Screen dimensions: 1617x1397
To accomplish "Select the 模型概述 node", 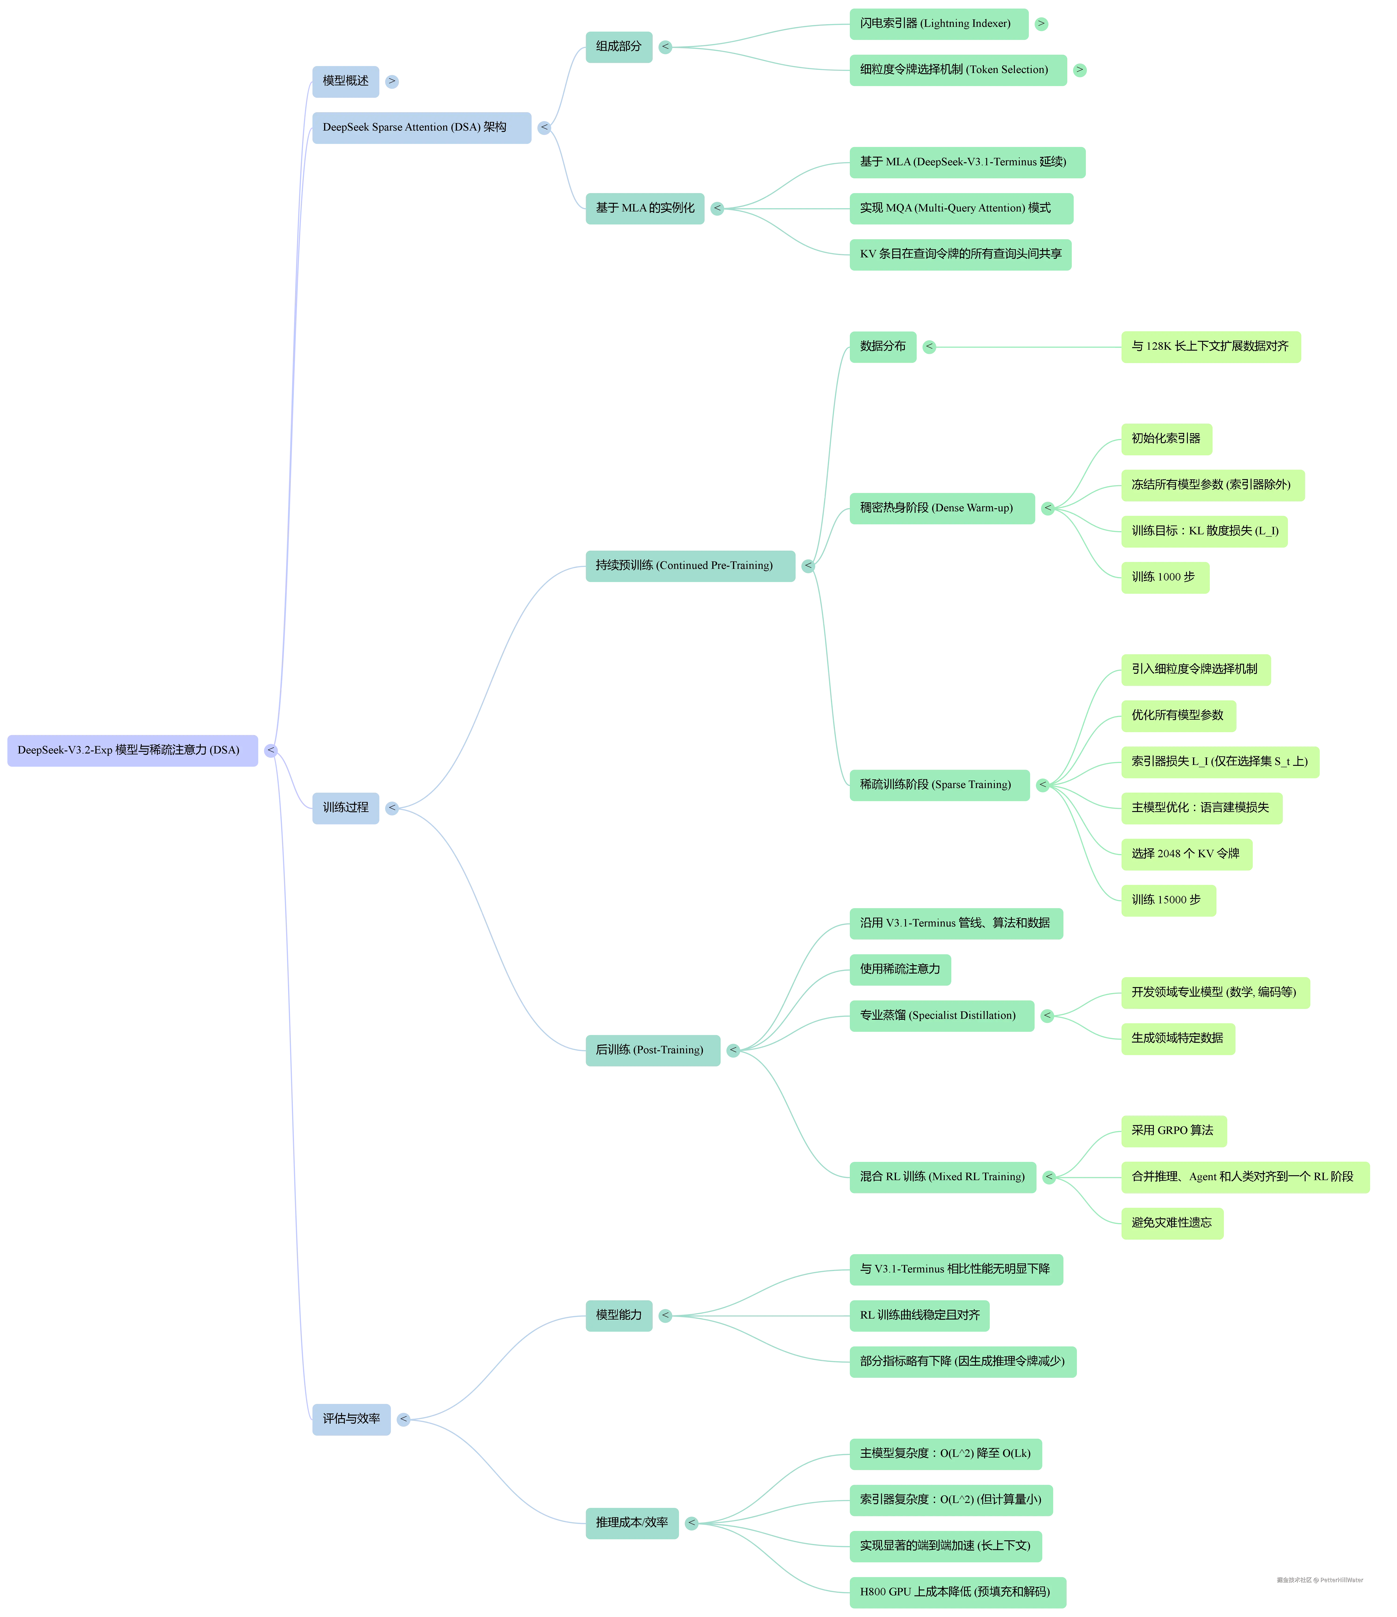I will coord(345,81).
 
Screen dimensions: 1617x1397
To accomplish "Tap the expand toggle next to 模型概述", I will coord(392,81).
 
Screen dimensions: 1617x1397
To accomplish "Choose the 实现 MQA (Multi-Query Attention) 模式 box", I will coord(960,208).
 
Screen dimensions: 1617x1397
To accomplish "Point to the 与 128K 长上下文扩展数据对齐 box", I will coord(1210,346).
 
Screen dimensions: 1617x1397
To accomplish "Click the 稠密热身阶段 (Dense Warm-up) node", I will coord(941,508).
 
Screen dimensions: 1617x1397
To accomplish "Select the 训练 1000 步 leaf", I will coord(1164,577).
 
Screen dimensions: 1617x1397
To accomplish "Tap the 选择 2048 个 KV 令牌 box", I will coord(1186,854).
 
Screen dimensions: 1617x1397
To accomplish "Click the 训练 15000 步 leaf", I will coord(1168,900).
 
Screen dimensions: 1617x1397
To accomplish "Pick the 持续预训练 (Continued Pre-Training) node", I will coord(690,566).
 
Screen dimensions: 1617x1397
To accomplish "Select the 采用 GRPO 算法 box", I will coord(1173,1131).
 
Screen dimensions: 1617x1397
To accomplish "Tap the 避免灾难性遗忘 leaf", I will coord(1172,1223).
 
